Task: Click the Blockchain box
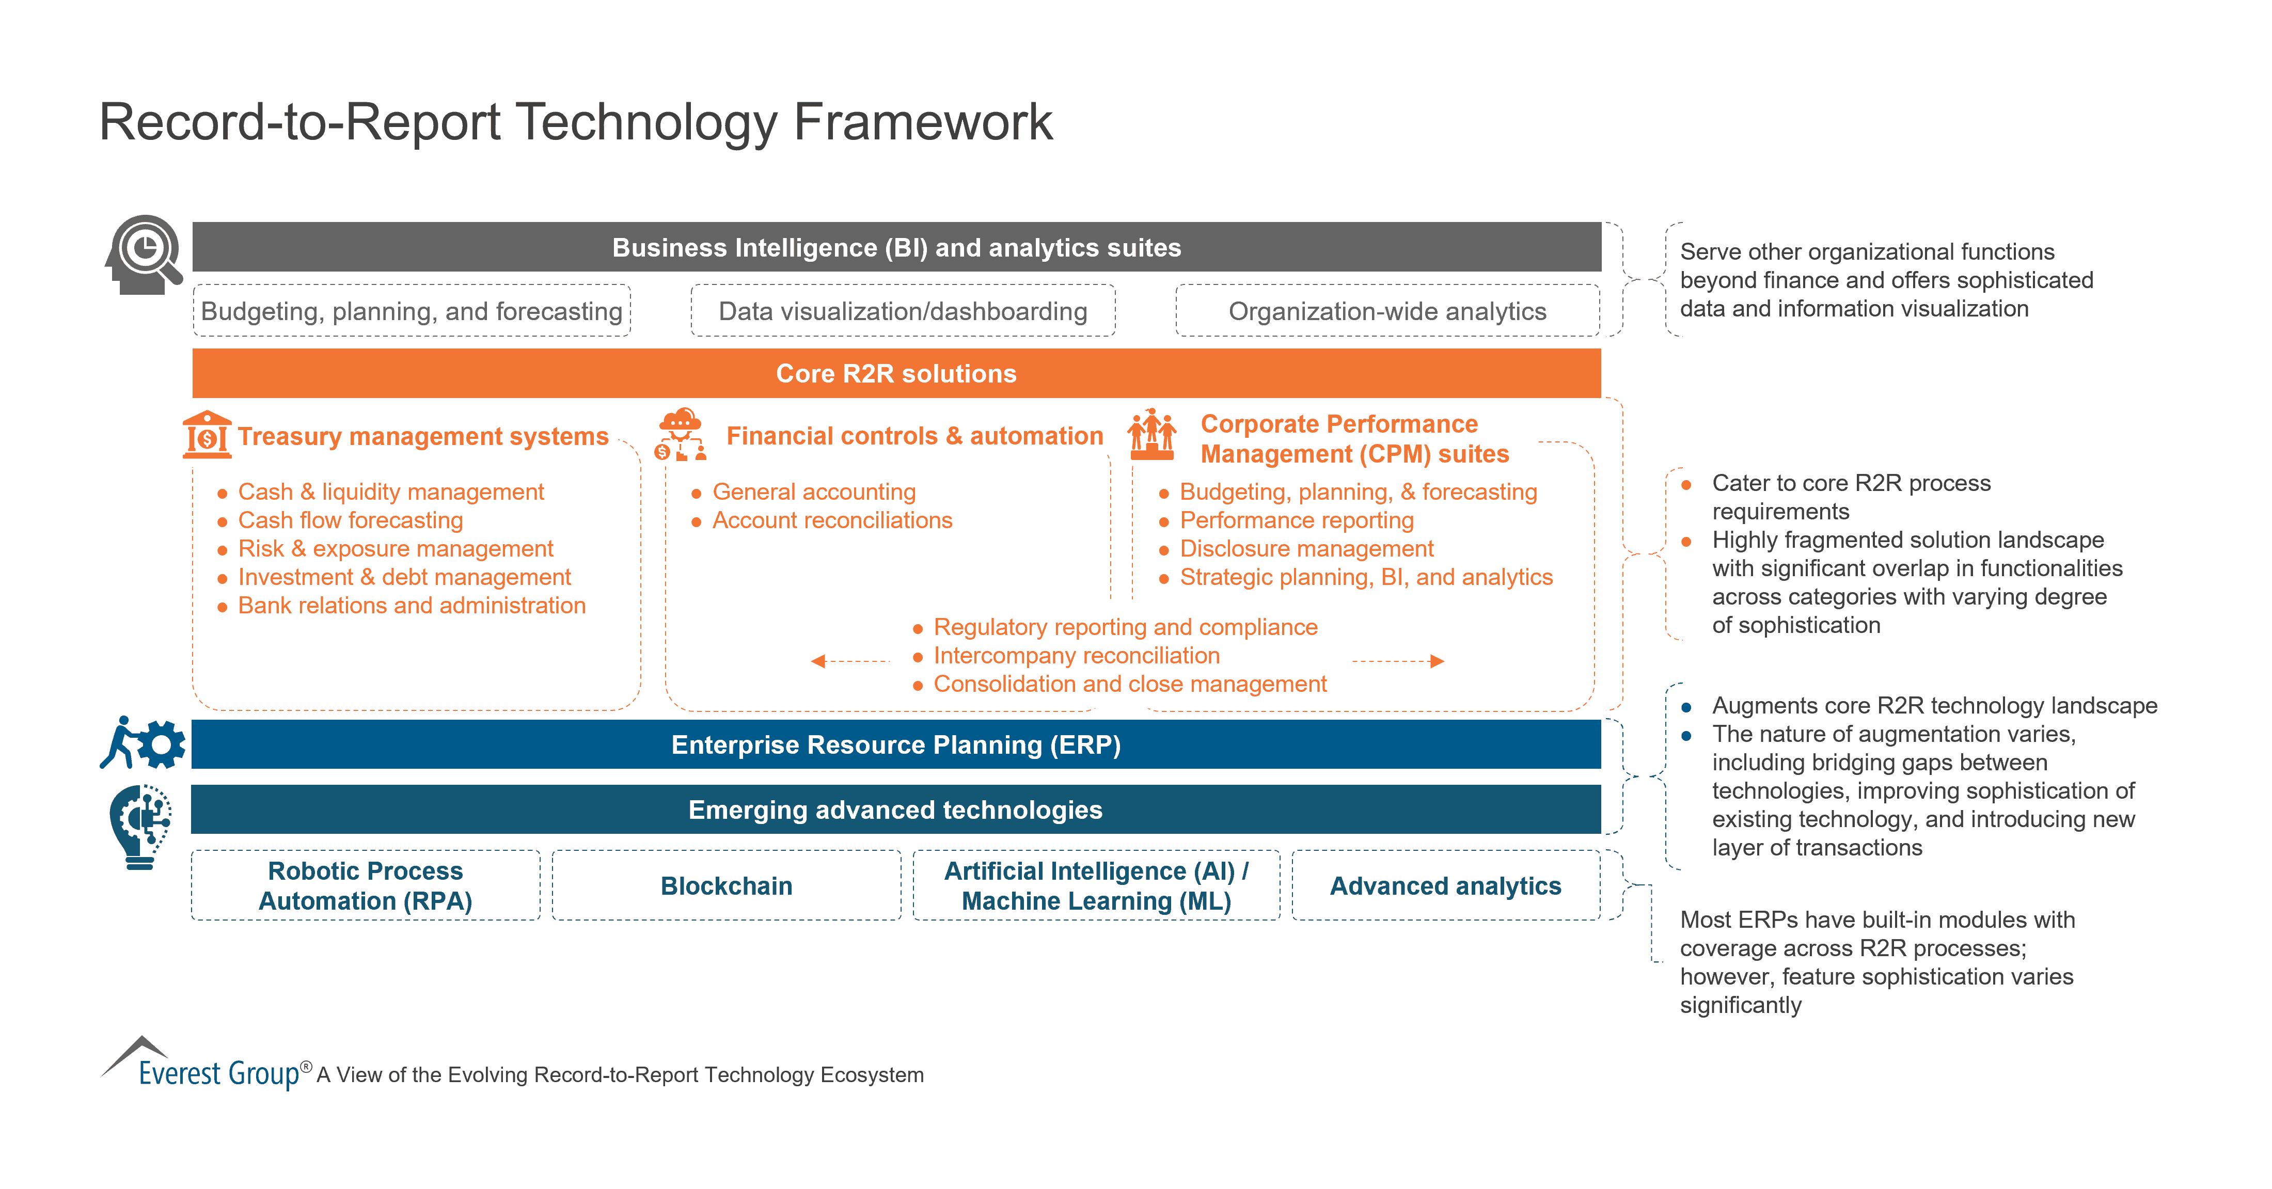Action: coord(726,885)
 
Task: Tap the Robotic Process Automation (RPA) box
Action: coord(365,885)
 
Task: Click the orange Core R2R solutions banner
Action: coord(896,373)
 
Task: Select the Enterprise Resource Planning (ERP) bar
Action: coord(896,744)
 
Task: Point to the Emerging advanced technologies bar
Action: coord(896,810)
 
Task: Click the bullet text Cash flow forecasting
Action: coord(350,520)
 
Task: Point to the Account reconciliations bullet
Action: coord(832,520)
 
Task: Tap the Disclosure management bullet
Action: coord(1306,549)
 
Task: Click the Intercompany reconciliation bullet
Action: coord(1076,655)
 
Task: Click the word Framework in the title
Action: coord(923,122)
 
